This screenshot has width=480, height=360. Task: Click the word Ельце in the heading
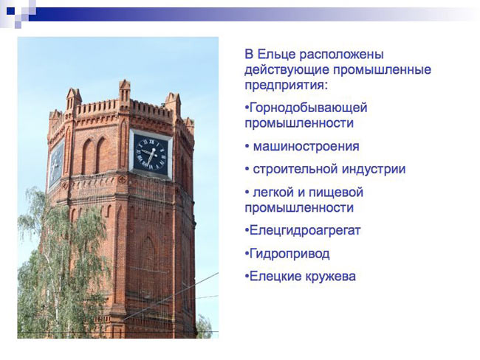(x=276, y=55)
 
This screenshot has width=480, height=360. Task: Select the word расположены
(x=341, y=55)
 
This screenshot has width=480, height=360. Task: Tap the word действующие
(x=287, y=71)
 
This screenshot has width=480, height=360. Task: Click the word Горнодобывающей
(x=308, y=108)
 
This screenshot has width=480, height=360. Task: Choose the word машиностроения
(x=306, y=147)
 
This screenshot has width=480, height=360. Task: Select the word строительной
(x=295, y=170)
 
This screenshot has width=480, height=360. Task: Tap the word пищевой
(x=336, y=193)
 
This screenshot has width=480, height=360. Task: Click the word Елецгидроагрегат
(x=305, y=231)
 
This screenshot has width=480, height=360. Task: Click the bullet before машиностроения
(x=247, y=147)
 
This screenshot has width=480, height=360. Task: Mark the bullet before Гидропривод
(x=247, y=254)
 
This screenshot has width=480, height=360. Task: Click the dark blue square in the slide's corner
(x=11, y=11)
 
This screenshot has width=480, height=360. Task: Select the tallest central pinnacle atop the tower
(x=125, y=94)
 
